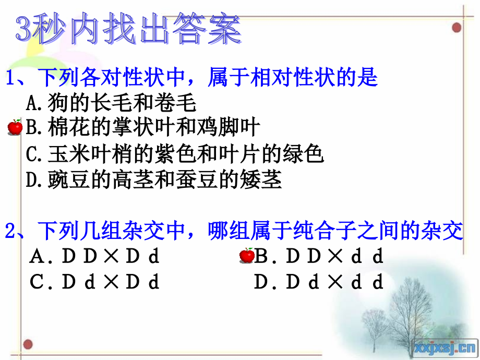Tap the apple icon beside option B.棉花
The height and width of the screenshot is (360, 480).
pos(16,127)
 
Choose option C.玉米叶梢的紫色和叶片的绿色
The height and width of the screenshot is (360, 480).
pos(175,154)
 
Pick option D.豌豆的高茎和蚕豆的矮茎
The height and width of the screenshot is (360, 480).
pos(154,180)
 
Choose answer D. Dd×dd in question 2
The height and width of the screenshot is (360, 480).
pos(319,282)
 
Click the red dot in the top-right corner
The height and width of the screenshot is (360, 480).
pos(457,27)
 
